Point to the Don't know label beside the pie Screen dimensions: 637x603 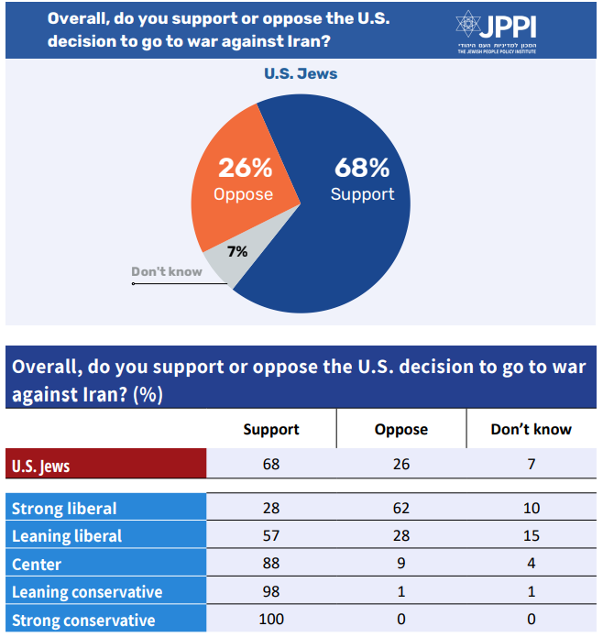(167, 271)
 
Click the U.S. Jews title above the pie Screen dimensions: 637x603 (301, 73)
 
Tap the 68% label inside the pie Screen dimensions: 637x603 (362, 168)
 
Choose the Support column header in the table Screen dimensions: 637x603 (271, 429)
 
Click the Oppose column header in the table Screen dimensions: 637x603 (401, 429)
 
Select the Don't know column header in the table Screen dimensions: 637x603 (532, 429)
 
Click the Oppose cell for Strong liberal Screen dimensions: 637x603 (401, 508)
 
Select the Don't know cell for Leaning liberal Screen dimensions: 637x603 (532, 536)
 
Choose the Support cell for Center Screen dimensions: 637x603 (271, 564)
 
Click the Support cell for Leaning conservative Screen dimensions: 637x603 (271, 592)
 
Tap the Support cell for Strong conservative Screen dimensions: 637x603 (271, 621)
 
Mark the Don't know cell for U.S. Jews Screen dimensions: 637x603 (532, 466)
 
